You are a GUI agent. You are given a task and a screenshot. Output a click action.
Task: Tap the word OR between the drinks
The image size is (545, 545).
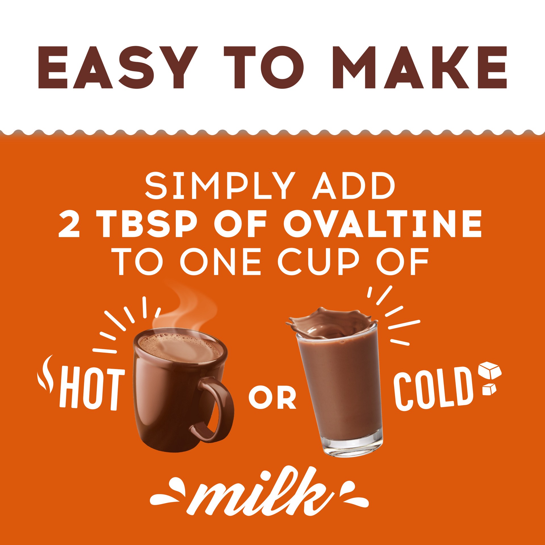pyautogui.click(x=272, y=399)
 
